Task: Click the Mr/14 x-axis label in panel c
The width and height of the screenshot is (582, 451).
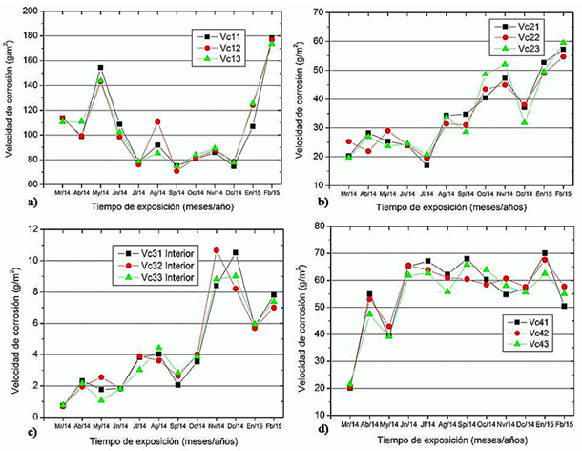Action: coord(62,418)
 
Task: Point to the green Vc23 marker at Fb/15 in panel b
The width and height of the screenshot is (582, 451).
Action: coord(563,43)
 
